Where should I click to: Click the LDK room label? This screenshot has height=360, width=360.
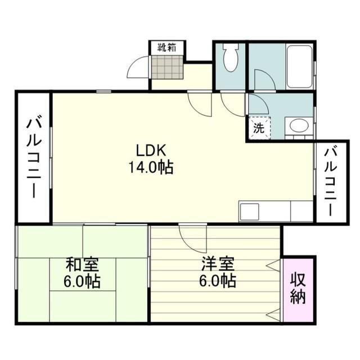[x=150, y=150]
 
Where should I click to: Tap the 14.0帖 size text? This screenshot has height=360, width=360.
[x=150, y=167]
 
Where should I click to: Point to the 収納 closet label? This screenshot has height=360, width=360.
[x=298, y=289]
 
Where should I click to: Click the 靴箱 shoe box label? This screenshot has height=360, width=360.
[x=166, y=48]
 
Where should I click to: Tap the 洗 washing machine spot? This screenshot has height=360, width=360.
[x=258, y=127]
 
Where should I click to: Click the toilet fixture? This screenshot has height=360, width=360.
[x=231, y=56]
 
